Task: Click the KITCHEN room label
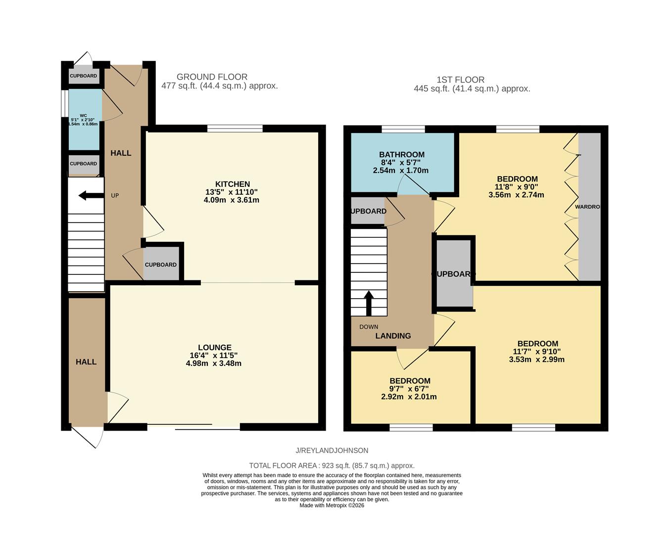point(232,184)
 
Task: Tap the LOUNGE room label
point(214,348)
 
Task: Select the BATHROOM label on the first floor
point(402,154)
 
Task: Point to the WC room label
point(83,116)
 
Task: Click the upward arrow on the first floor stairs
point(369,303)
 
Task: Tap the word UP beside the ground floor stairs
point(115,196)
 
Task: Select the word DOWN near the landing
point(369,327)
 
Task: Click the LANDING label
point(393,336)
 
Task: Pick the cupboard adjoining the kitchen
point(161,265)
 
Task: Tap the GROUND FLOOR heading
point(212,77)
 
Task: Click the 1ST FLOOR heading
point(460,80)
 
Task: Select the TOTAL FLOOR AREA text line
point(332,465)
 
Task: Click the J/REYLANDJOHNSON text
point(332,450)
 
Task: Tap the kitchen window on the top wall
point(235,129)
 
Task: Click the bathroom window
point(403,129)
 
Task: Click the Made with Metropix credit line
point(332,505)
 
